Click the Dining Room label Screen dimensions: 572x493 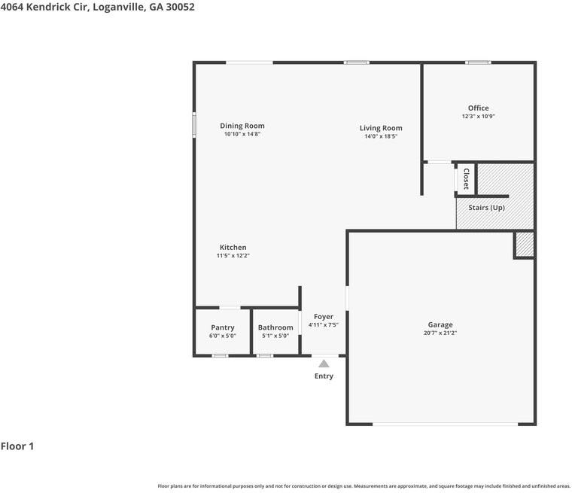click(242, 126)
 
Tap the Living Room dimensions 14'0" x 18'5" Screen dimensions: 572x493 click(381, 136)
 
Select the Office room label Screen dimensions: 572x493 click(478, 108)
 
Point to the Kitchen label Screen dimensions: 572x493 click(233, 248)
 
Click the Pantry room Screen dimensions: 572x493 click(223, 331)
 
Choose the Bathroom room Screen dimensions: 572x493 click(275, 331)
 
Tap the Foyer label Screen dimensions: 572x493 click(324, 317)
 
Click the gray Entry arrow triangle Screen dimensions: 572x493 click(324, 364)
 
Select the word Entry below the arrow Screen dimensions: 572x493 click(324, 376)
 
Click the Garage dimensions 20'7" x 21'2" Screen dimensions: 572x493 click(440, 333)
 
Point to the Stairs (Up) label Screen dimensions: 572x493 click(487, 208)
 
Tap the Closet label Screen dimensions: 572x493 click(466, 179)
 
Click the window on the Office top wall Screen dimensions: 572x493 click(478, 62)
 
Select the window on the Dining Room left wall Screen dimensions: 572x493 click(194, 125)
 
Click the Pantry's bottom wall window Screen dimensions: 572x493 click(220, 355)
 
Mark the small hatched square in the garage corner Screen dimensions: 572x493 click(525, 245)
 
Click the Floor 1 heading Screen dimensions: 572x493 click(17, 446)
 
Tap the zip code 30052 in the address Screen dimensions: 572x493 click(180, 8)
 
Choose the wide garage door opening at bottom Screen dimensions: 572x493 click(445, 424)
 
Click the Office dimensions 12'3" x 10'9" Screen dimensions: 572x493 click(478, 117)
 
